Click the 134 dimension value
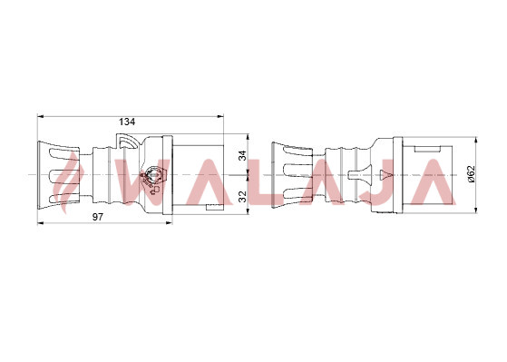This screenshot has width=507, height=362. (x=127, y=122)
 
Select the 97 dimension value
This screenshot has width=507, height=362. (x=98, y=217)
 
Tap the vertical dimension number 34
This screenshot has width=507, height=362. (x=242, y=156)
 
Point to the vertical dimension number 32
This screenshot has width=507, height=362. (x=242, y=196)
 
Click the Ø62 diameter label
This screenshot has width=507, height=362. (x=471, y=173)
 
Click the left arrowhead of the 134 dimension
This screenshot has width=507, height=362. (x=40, y=116)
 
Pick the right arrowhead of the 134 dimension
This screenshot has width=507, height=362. (x=220, y=116)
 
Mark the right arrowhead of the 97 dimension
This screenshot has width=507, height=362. (x=169, y=222)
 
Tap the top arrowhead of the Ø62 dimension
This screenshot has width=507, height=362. (x=475, y=140)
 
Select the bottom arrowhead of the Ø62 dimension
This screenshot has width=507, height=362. (x=475, y=210)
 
